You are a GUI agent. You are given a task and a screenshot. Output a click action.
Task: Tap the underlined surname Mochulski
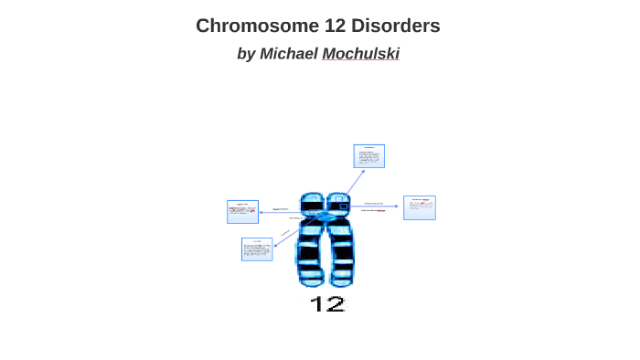(x=360, y=54)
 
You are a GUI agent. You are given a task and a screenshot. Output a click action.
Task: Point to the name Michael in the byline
(x=288, y=54)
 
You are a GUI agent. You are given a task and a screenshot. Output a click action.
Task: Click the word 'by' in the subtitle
(x=246, y=54)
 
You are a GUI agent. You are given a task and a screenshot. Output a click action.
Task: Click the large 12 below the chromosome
(x=326, y=303)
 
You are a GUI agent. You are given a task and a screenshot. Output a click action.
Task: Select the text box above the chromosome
(x=369, y=156)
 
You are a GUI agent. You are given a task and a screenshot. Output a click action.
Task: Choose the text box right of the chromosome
(x=419, y=207)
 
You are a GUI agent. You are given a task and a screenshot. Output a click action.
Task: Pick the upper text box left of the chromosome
(x=242, y=211)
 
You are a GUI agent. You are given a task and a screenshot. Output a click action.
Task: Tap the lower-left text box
(x=257, y=249)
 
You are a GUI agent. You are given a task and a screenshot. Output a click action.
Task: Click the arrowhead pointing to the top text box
(x=363, y=171)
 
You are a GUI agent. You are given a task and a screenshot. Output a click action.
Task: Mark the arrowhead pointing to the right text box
(x=397, y=206)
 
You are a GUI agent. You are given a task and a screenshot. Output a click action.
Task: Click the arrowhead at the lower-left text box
(x=275, y=245)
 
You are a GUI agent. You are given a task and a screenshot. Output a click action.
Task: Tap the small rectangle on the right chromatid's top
(x=343, y=206)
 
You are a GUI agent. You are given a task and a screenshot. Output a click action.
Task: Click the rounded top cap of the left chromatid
(x=312, y=196)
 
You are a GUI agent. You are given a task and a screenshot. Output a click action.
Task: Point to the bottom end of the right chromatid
(x=342, y=282)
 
